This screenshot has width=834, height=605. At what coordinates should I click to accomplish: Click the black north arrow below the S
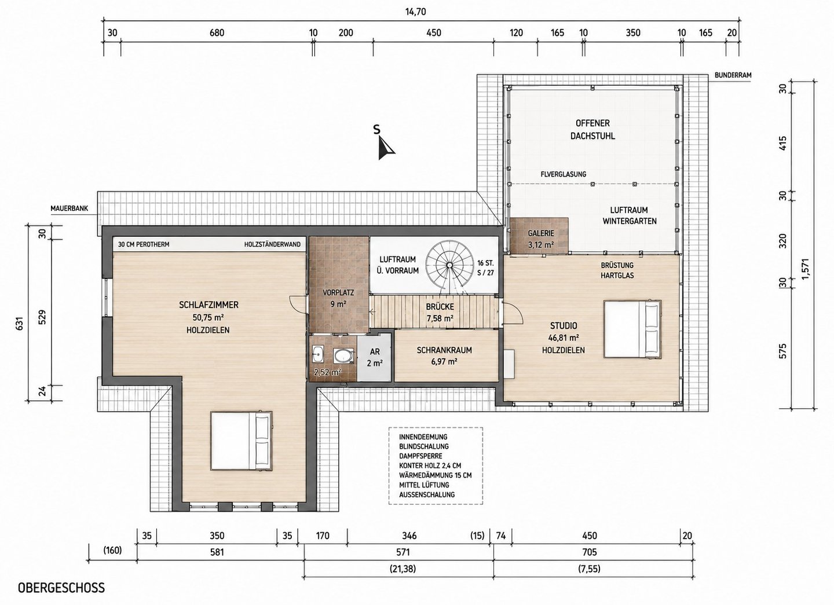pos(385,149)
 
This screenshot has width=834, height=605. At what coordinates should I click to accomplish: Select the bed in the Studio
pos(632,329)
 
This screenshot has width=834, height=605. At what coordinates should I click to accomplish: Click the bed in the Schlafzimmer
pos(242,442)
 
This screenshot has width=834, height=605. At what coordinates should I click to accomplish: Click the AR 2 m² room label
pos(375,357)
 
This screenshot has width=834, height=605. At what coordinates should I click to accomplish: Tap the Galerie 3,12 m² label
pos(541,239)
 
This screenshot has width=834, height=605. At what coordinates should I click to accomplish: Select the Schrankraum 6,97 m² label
pos(444,355)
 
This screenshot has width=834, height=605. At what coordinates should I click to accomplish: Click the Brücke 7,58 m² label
pos(440,312)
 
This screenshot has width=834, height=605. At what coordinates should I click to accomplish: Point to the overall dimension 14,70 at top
pos(415,12)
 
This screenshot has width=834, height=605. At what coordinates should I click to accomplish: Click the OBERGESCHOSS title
pos(61,588)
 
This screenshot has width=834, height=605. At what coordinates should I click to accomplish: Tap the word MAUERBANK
pos(69,208)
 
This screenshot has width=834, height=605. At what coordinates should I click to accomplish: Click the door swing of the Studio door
pos(515,313)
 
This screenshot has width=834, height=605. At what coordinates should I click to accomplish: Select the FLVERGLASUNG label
pos(564,174)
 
